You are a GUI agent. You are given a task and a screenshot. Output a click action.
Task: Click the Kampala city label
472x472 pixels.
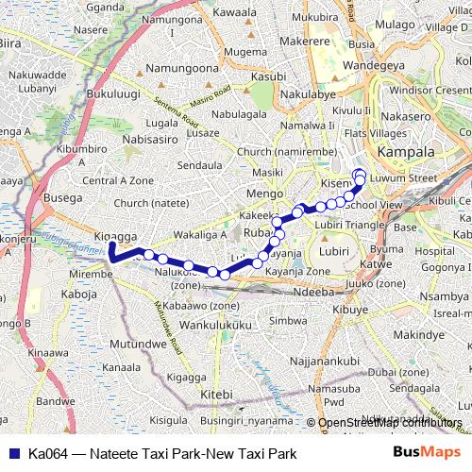pos(406,152)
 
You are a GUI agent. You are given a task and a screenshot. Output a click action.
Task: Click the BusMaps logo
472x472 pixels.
pos(420,452)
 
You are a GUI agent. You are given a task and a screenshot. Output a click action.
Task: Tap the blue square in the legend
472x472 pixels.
pos(12,453)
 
